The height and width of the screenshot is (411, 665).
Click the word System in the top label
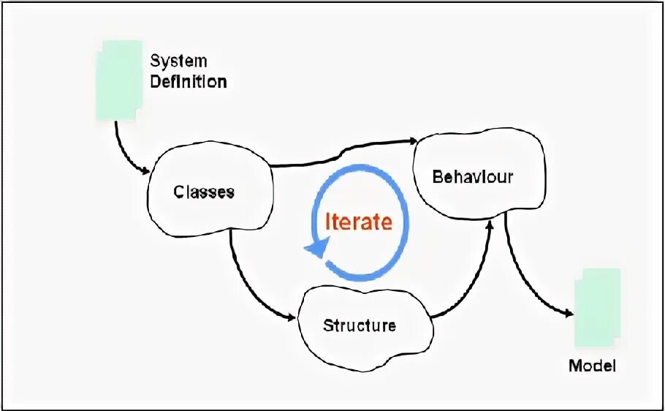click(178, 61)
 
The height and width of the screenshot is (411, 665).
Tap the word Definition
click(189, 81)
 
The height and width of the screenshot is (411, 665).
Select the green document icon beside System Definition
click(119, 80)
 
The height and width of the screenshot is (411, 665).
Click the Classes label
click(204, 192)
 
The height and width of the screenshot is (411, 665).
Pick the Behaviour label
click(473, 176)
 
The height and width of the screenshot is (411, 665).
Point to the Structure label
click(360, 325)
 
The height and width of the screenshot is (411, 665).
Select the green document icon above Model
click(597, 307)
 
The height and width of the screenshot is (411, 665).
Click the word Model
click(592, 366)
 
